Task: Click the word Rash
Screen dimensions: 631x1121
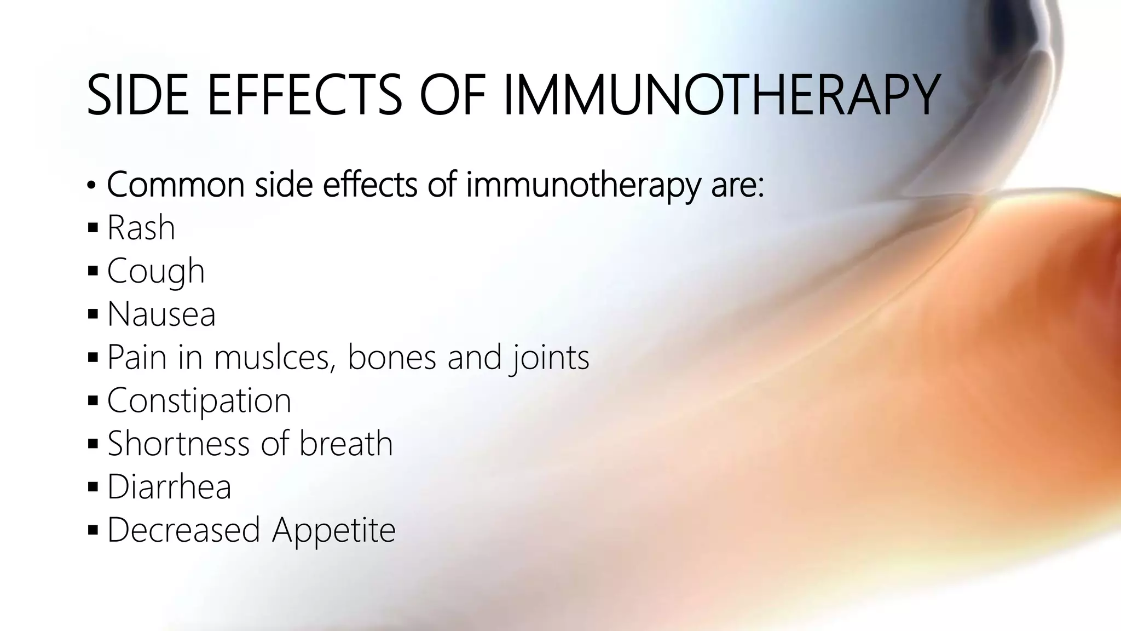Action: pyautogui.click(x=141, y=227)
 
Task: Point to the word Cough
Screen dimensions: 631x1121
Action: pyautogui.click(x=155, y=271)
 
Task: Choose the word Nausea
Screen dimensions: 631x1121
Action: pyautogui.click(x=161, y=314)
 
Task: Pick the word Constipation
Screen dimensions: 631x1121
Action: pyautogui.click(x=199, y=400)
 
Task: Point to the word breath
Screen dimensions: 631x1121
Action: pyautogui.click(x=346, y=443)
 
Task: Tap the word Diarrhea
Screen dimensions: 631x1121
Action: pyautogui.click(x=169, y=486)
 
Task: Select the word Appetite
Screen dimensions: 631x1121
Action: pyautogui.click(x=334, y=530)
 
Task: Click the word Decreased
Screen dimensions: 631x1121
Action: pyautogui.click(x=183, y=530)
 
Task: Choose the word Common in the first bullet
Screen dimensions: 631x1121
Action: pyautogui.click(x=175, y=185)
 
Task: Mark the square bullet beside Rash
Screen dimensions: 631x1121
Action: pyautogui.click(x=93, y=227)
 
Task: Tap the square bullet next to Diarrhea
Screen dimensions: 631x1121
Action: pyautogui.click(x=93, y=486)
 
